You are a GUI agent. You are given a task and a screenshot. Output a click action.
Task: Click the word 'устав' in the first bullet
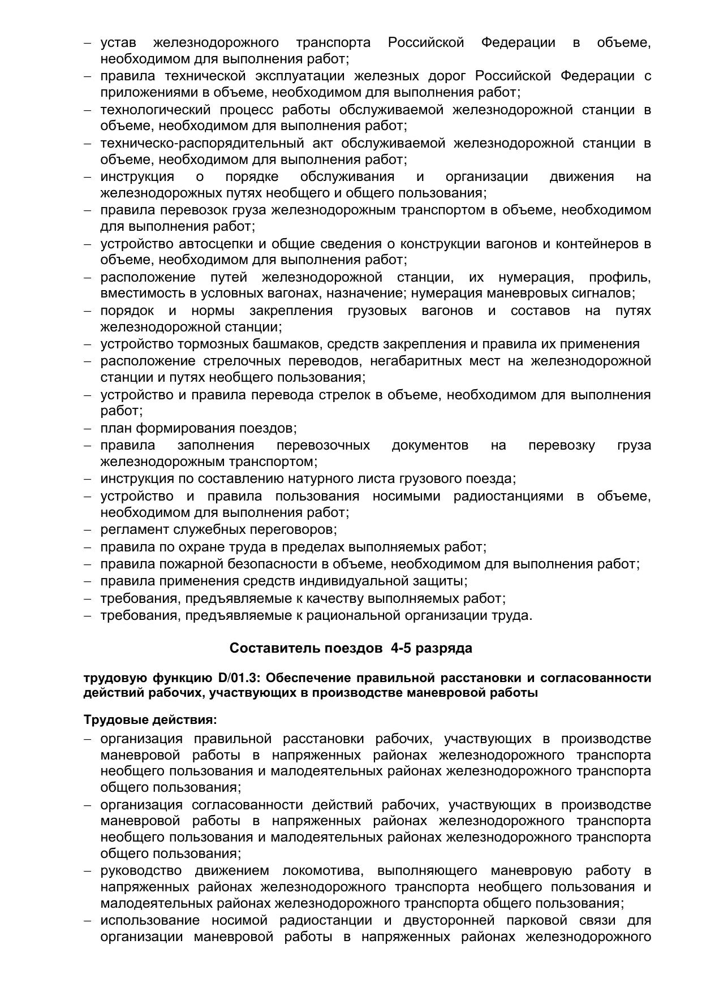[x=118, y=43]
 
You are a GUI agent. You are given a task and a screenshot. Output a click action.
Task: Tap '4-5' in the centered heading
[x=400, y=649]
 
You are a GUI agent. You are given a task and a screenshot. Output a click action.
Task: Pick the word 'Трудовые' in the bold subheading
[x=116, y=720]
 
